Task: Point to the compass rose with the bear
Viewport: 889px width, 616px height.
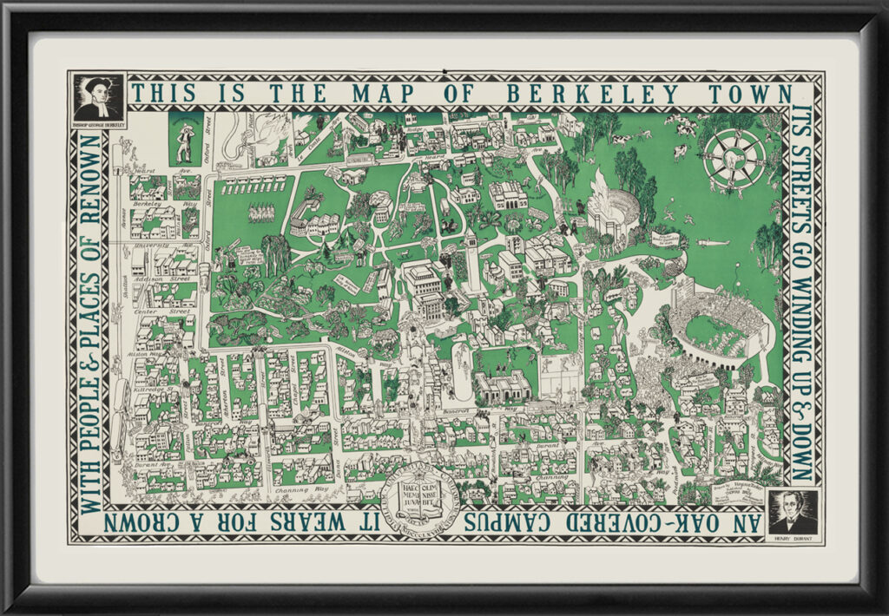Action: tap(734, 159)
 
